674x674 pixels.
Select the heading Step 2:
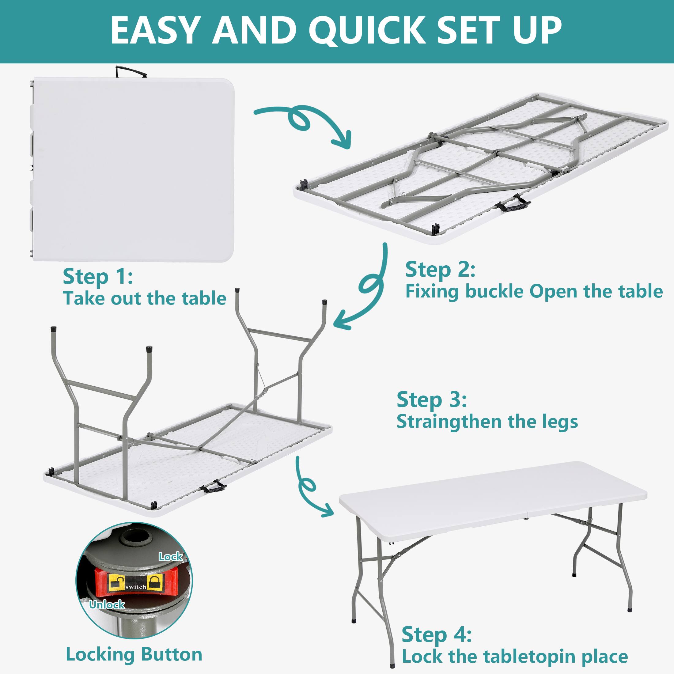440,270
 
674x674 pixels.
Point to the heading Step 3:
432,400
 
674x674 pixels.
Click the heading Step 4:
437,634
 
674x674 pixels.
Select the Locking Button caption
134,654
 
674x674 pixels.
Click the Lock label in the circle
170,556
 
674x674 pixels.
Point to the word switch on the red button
136,587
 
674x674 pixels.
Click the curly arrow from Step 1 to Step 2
307,122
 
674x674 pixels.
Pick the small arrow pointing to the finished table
310,488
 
